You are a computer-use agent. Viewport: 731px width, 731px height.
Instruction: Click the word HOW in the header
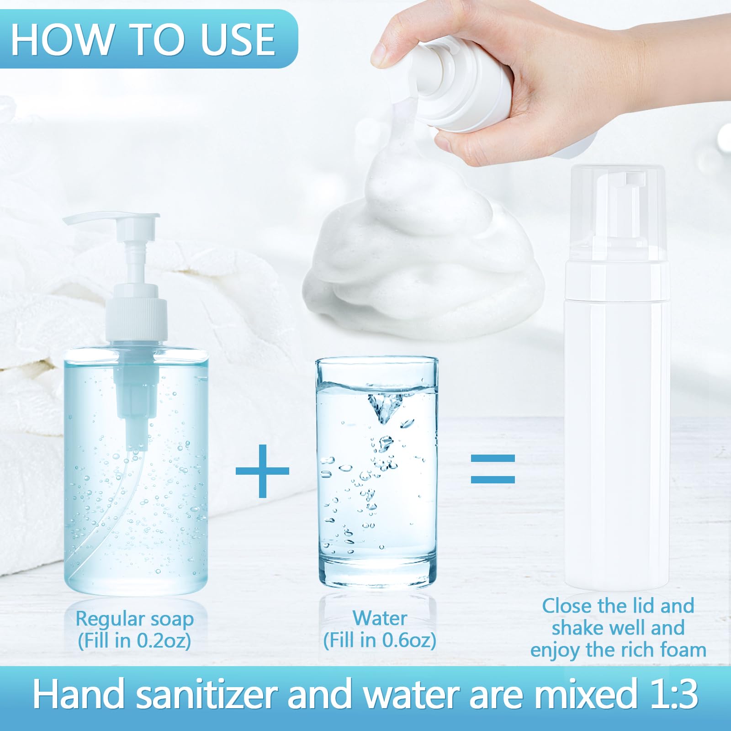click(x=62, y=40)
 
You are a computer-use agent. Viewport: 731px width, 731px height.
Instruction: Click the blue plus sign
click(x=262, y=471)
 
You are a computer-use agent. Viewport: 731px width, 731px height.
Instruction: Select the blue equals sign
click(x=493, y=469)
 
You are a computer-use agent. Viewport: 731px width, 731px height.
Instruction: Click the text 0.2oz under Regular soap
click(x=164, y=641)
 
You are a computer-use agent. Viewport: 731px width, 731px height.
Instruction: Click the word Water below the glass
click(x=380, y=618)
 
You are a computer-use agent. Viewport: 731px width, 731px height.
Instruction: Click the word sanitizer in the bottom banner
click(x=207, y=694)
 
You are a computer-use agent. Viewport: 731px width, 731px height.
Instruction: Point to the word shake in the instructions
click(x=579, y=628)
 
